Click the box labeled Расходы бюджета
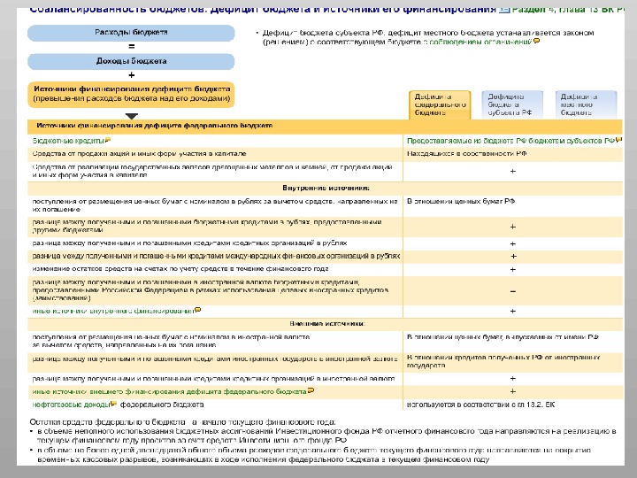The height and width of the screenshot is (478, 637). [x=132, y=32]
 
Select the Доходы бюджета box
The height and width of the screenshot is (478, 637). [x=132, y=61]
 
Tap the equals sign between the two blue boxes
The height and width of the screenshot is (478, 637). [x=132, y=46]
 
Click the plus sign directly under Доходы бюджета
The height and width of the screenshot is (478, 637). [x=132, y=75]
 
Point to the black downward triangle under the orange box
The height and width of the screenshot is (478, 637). [x=132, y=115]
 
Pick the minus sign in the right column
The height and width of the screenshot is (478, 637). [x=513, y=290]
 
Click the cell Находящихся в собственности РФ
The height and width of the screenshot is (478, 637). [x=466, y=153]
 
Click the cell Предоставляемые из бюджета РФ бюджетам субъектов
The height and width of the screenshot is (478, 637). [x=510, y=140]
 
